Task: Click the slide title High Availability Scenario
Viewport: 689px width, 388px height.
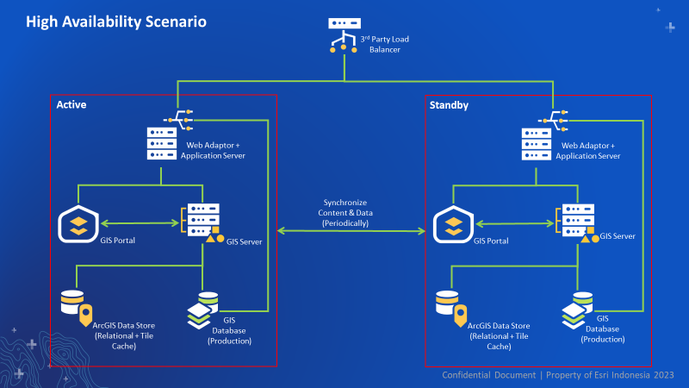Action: (115, 22)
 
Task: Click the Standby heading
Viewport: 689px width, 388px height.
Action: (448, 104)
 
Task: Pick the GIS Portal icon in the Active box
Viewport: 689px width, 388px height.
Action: (78, 226)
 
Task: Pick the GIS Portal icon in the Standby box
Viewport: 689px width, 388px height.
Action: (453, 226)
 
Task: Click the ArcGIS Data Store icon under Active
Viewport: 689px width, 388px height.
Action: (76, 307)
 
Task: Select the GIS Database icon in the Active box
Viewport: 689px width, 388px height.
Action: (202, 314)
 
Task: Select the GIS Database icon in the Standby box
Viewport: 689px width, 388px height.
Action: (576, 314)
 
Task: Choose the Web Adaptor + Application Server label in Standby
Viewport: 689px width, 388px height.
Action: (588, 151)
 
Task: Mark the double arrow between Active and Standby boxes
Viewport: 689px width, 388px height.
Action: (353, 231)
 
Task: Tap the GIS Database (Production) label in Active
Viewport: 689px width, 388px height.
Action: (229, 331)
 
